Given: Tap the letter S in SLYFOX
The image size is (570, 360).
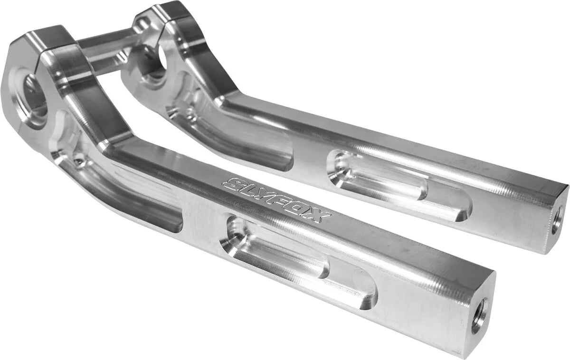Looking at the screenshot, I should (x=236, y=184).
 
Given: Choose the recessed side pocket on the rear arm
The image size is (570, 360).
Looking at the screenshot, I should (x=247, y=142).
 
